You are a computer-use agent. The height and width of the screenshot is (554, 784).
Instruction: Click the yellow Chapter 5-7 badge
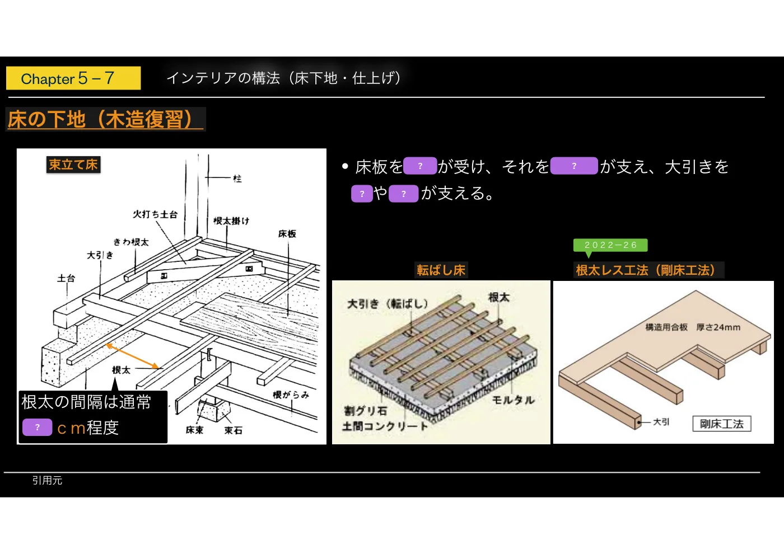point(73,78)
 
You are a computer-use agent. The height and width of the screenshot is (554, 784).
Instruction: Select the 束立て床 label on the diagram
point(73,165)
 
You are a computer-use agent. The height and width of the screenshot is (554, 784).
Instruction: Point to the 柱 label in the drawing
point(237,179)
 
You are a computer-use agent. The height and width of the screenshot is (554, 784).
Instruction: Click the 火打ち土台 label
point(155,214)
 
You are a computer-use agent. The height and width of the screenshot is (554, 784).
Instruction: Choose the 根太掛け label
point(231,220)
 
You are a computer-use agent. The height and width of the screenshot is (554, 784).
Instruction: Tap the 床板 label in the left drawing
point(287,234)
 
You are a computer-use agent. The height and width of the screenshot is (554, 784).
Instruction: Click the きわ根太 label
point(131,242)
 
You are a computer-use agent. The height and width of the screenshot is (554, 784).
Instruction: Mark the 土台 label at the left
point(66,279)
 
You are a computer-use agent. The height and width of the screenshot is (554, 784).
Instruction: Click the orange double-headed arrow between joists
point(132,356)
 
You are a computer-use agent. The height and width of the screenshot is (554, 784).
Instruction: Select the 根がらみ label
point(291,395)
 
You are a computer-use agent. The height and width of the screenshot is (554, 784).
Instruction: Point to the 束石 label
point(233,430)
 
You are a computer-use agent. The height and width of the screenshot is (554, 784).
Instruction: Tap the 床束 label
point(194,430)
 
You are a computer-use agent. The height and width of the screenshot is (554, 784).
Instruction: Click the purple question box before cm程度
point(38,427)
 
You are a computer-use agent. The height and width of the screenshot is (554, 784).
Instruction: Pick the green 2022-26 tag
point(610,245)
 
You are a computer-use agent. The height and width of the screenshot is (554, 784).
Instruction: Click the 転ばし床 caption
point(441,270)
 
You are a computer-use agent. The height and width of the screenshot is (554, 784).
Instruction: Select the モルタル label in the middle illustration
point(513,400)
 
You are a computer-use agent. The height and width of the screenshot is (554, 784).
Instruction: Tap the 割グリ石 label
point(365,410)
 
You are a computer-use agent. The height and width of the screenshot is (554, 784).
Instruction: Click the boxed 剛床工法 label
point(722,424)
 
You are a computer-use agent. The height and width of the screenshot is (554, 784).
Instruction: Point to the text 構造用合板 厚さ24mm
point(693,327)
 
